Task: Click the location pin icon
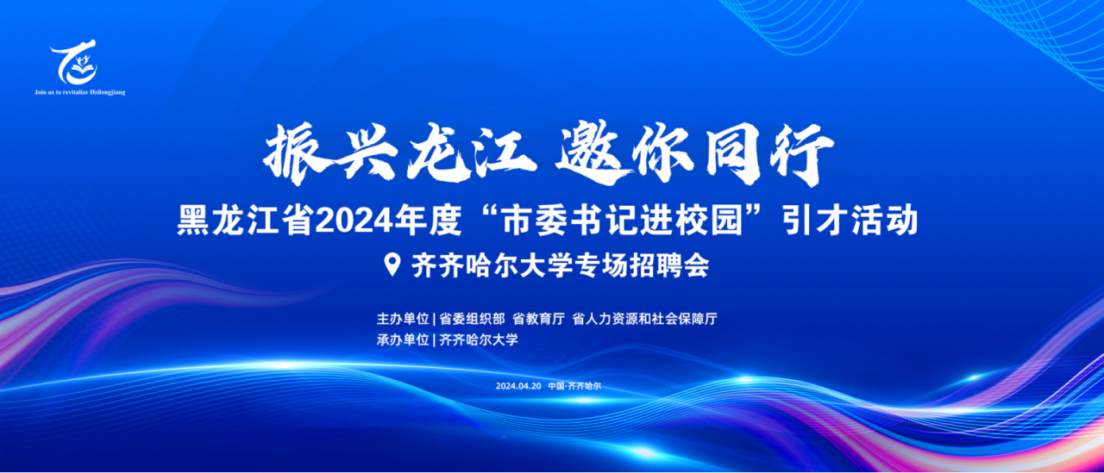392,265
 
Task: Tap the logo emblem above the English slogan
75,62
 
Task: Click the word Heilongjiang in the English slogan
108,92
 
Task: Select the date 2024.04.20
518,386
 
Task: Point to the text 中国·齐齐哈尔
574,386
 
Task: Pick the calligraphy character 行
797,153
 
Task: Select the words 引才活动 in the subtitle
850,221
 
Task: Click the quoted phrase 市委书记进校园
623,221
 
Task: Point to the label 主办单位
403,319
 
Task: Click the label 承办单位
403,339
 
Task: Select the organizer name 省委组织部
472,319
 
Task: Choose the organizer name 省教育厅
538,319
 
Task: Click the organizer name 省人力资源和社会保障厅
644,319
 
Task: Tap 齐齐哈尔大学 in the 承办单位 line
479,339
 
